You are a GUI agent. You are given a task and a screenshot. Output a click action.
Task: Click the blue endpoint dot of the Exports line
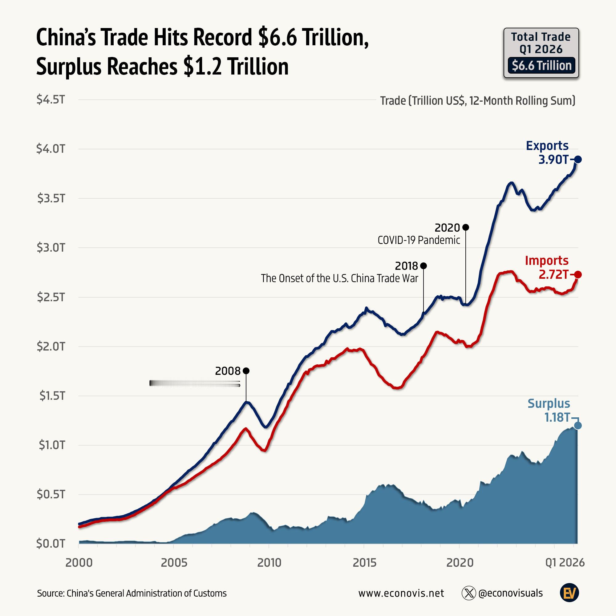tap(578, 160)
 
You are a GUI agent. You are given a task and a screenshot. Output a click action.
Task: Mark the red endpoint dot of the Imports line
tap(578, 274)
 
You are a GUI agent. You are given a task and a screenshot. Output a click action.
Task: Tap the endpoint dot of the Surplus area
tap(578, 425)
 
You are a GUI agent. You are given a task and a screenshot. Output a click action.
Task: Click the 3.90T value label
tap(553, 160)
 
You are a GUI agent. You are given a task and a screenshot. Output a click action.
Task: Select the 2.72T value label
tap(553, 274)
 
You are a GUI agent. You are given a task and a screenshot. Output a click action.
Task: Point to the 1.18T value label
tap(557, 417)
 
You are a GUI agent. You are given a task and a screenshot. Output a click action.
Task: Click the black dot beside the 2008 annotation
tap(246, 371)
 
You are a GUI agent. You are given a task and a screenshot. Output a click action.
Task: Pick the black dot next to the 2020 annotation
tap(465, 227)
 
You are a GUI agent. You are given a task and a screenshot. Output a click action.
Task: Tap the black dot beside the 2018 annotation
tap(423, 265)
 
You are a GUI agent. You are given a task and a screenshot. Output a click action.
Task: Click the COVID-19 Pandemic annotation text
tap(419, 240)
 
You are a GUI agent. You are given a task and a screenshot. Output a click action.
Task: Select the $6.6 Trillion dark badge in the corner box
tap(541, 66)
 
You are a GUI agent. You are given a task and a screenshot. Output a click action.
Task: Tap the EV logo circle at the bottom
tap(569, 593)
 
